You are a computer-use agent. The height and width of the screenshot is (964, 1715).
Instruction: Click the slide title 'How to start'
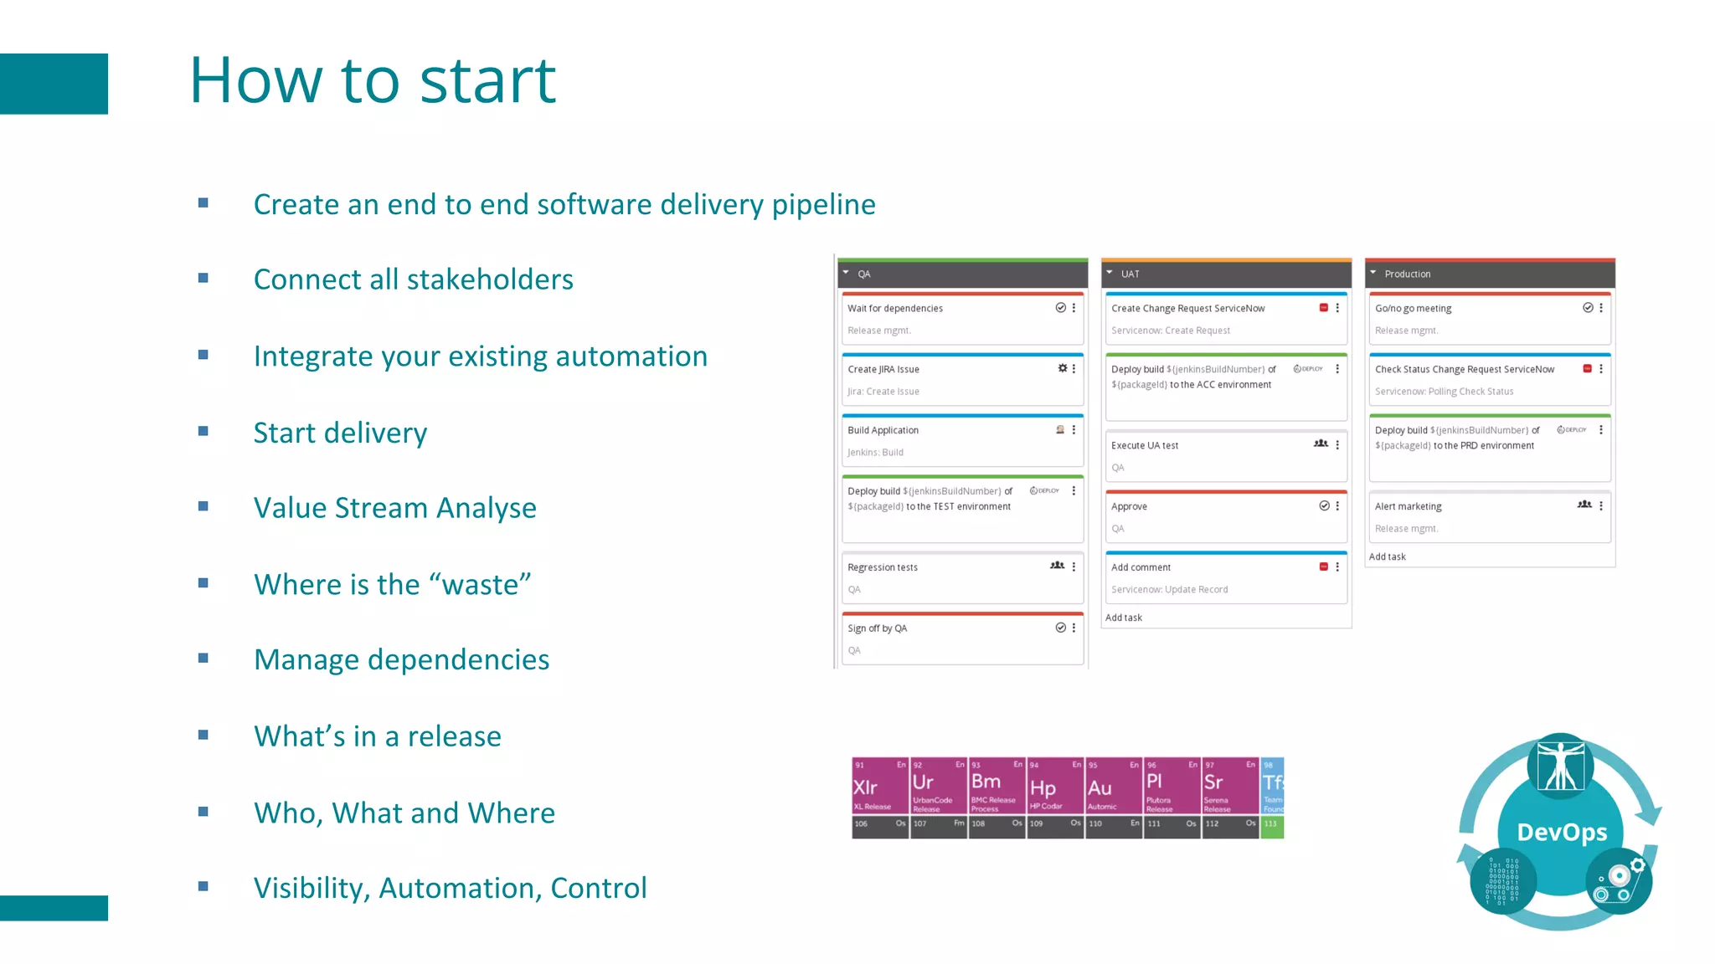(x=373, y=80)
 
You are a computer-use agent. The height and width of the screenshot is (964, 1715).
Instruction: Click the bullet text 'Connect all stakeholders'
(x=413, y=279)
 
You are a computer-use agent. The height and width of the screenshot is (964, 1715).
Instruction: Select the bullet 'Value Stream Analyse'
(x=394, y=508)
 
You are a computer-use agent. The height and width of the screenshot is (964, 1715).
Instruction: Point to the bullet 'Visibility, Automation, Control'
(x=450, y=888)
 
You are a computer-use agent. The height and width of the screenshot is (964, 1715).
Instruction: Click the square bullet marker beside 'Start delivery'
(x=203, y=432)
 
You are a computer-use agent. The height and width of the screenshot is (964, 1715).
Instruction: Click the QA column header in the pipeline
(x=963, y=274)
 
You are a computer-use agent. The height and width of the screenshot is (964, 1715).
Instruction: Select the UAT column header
(x=1226, y=274)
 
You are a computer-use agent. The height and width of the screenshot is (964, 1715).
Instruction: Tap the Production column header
(x=1490, y=274)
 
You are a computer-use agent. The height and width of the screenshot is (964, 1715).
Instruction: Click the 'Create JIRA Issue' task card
(x=962, y=380)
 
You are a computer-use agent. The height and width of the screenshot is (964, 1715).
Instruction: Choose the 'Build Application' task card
(x=962, y=441)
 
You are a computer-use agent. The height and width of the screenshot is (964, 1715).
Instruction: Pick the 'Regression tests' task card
(x=962, y=578)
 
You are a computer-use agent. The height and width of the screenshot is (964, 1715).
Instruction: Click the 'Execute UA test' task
(x=1226, y=456)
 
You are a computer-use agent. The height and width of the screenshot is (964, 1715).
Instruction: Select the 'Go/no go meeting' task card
(x=1490, y=319)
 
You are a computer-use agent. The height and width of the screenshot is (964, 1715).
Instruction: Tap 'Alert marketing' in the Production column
(x=1490, y=517)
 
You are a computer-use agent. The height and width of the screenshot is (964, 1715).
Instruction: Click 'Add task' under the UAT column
(x=1124, y=618)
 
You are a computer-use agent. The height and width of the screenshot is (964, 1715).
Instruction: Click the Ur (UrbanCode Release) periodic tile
(x=938, y=787)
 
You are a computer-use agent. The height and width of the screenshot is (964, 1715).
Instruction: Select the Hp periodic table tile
(x=1054, y=787)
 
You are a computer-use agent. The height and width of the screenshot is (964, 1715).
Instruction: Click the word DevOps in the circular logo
(x=1562, y=833)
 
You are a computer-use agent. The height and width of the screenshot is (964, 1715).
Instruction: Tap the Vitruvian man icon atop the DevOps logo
(x=1560, y=765)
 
